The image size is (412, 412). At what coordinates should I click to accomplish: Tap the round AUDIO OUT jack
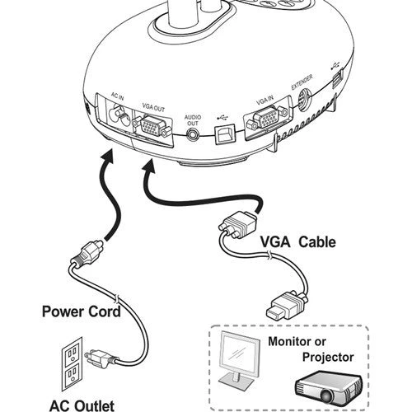[193, 135]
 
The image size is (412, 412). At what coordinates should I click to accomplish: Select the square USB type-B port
[225, 133]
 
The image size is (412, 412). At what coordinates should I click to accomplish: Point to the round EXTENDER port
[304, 100]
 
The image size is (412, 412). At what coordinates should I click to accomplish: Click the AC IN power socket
[119, 116]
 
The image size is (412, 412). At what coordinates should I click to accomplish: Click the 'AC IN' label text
[117, 96]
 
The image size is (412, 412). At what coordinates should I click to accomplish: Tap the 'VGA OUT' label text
[153, 107]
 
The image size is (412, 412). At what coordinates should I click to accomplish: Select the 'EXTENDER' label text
[302, 82]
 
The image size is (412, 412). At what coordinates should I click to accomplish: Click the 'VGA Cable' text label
[297, 242]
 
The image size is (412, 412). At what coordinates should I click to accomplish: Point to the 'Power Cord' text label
[82, 311]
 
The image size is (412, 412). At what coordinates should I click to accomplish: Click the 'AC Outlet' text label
[82, 405]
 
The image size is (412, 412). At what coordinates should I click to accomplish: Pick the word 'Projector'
[328, 358]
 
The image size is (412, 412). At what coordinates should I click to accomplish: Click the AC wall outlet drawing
[72, 364]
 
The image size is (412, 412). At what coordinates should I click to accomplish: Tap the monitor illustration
[240, 360]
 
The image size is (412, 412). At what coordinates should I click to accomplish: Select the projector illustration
[329, 390]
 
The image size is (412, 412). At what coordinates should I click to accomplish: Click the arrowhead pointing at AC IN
[107, 157]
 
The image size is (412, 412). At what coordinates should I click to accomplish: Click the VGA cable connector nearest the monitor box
[287, 306]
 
